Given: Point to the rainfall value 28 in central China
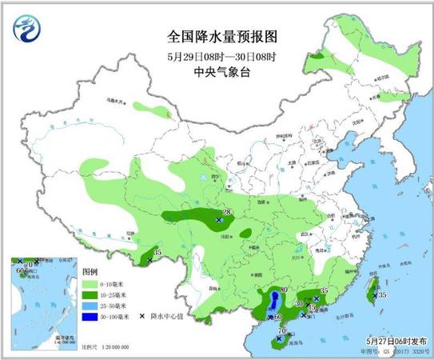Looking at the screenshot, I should click(x=226, y=212).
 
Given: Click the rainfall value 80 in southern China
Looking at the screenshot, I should click(x=282, y=290).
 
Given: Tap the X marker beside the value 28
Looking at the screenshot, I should click(x=219, y=219).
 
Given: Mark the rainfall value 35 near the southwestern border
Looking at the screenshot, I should click(x=157, y=253).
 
